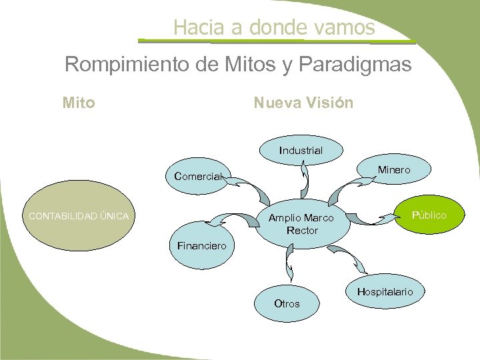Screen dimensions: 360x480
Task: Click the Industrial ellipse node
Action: [x=301, y=151]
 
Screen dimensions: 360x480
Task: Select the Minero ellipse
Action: [x=393, y=171]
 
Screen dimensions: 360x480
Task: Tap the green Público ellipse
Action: [x=429, y=215]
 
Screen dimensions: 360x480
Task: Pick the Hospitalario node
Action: [x=385, y=292]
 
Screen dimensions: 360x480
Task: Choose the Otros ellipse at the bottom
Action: [x=287, y=304]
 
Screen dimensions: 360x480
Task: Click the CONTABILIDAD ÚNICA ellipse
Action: [x=78, y=215]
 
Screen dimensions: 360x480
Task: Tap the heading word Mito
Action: [x=78, y=103]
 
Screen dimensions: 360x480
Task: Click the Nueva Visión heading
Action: [x=303, y=103]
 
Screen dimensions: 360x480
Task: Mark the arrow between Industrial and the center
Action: [x=305, y=180]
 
